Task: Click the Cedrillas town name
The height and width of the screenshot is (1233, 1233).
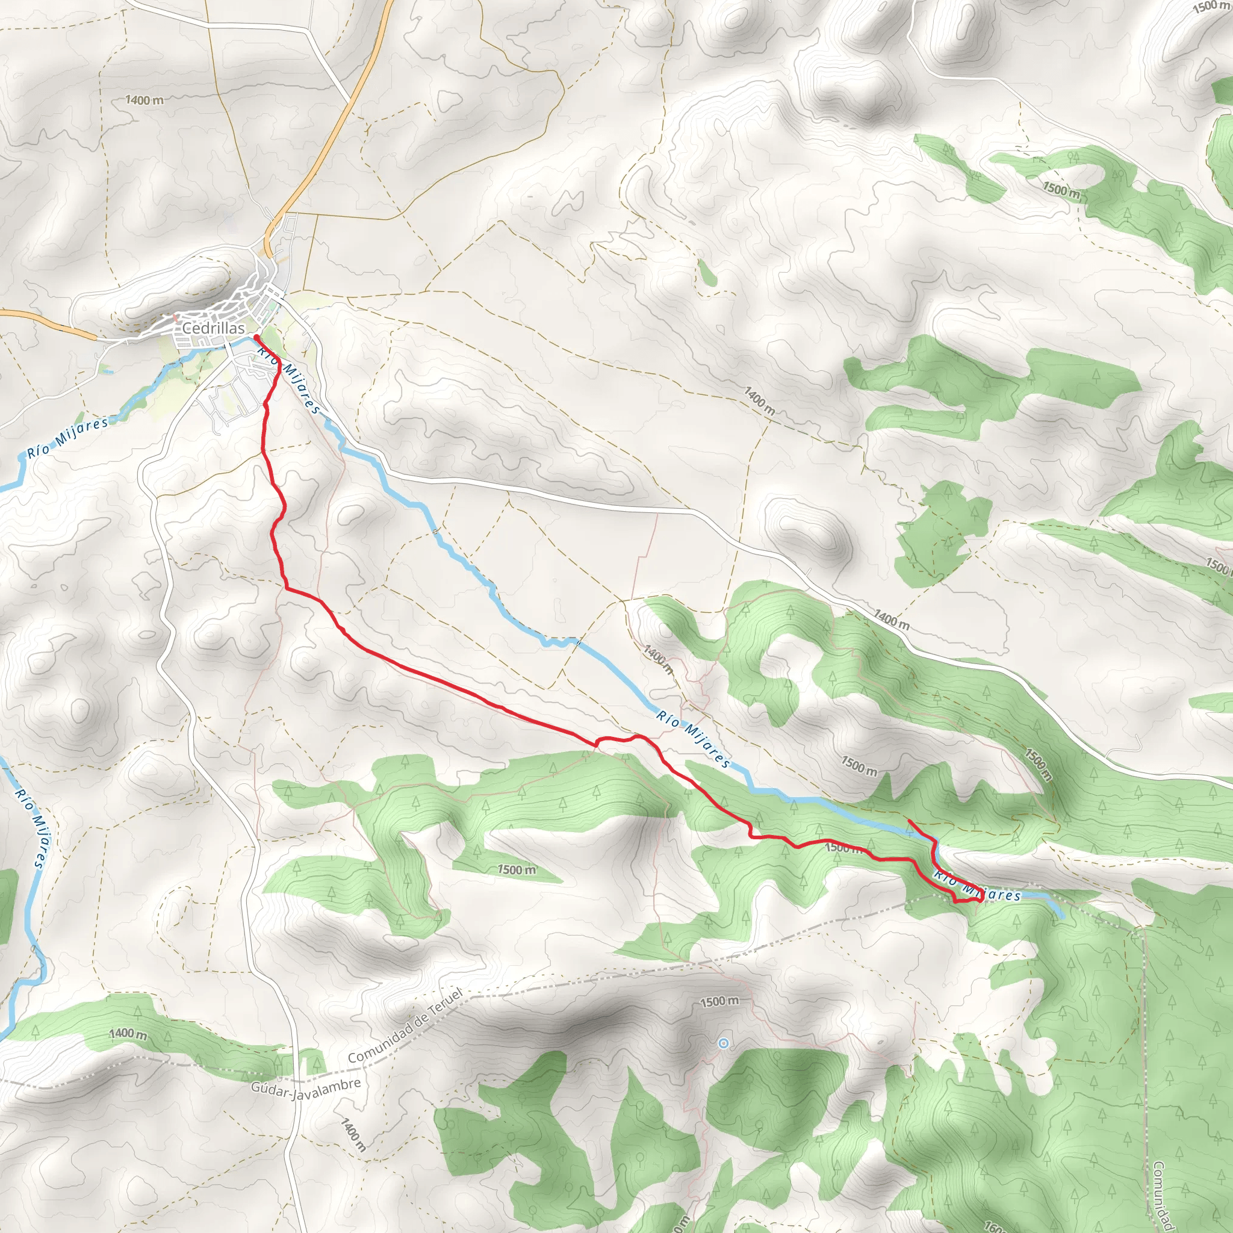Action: click(x=213, y=328)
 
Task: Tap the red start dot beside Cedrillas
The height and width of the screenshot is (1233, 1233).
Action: click(x=256, y=337)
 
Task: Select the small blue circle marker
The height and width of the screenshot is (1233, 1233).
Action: click(x=723, y=1043)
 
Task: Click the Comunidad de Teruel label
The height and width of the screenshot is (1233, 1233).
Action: click(x=405, y=1025)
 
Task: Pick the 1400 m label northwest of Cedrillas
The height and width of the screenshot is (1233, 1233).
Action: click(x=144, y=100)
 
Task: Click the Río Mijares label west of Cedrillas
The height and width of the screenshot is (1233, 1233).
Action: click(x=67, y=438)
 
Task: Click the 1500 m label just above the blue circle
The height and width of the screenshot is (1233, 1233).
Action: click(x=719, y=1001)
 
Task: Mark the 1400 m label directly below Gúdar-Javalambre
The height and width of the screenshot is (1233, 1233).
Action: click(x=353, y=1134)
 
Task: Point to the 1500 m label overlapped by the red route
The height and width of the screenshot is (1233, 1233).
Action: click(x=842, y=848)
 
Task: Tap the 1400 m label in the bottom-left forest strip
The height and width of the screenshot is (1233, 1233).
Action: click(x=128, y=1033)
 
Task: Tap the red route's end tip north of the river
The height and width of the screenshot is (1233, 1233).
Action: click(x=908, y=820)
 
